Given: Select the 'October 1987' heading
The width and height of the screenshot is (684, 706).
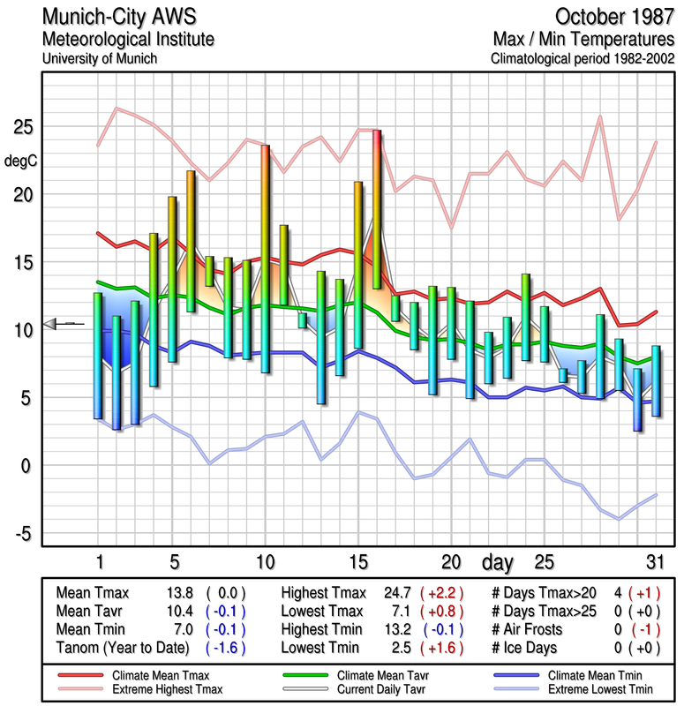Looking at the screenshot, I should [x=615, y=17].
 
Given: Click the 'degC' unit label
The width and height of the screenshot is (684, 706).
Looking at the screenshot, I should [x=22, y=161].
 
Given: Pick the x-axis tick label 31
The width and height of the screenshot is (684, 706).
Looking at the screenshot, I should [x=654, y=562].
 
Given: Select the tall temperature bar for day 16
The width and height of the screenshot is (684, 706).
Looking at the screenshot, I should [x=377, y=209].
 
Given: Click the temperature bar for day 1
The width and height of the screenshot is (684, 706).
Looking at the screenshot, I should [x=98, y=356].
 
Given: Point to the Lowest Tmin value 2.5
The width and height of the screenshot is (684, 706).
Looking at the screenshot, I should [x=395, y=649].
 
